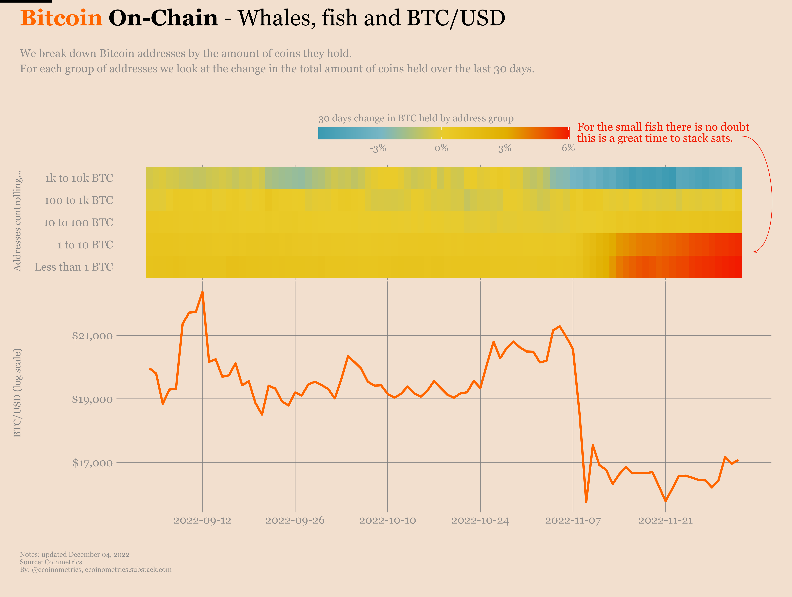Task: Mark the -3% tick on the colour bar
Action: (x=378, y=148)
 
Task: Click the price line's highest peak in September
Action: (x=203, y=292)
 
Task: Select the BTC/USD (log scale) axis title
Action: (x=17, y=393)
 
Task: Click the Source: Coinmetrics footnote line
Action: (x=51, y=562)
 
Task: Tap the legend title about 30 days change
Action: (x=416, y=119)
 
